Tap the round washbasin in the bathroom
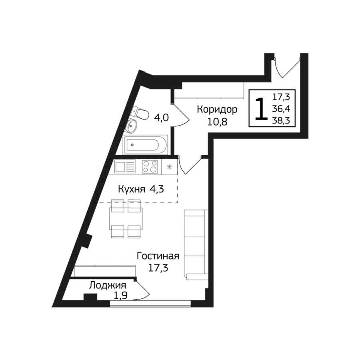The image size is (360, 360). [x=131, y=126]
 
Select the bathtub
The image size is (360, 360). [x=145, y=145]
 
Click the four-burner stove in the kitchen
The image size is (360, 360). [x=150, y=167]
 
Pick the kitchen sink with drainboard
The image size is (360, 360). [x=125, y=167]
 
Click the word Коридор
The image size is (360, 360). [x=217, y=110]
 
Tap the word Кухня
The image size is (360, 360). [x=132, y=190]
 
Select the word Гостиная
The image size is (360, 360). [x=158, y=256]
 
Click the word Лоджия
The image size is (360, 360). [x=108, y=286]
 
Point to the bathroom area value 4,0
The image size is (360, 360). [x=162, y=118]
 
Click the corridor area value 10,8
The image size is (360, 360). [x=217, y=122]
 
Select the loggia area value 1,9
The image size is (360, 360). [x=121, y=296]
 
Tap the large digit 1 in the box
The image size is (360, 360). [x=261, y=108]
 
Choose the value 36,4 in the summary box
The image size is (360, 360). [x=281, y=108]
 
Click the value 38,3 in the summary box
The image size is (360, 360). [x=281, y=120]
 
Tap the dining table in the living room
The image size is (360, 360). [x=126, y=218]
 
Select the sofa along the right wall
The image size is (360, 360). [x=196, y=245]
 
